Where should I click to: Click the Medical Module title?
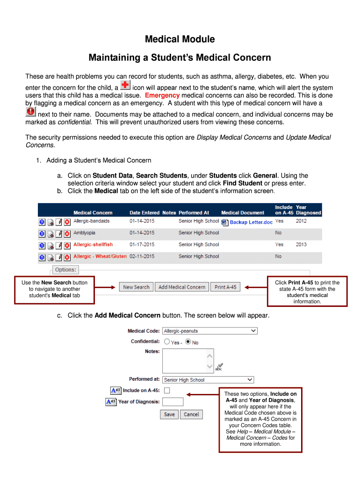click(180, 39)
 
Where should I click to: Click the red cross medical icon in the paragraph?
click(125, 85)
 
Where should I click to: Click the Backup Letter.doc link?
click(251, 222)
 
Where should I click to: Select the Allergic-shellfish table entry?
click(93, 244)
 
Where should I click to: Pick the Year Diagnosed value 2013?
click(301, 244)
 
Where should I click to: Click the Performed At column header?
click(194, 213)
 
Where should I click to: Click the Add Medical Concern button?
click(182, 287)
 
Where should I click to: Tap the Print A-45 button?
click(225, 287)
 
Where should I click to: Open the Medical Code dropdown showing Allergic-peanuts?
click(209, 331)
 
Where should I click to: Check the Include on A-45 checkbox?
click(167, 391)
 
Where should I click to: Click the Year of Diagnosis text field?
click(173, 402)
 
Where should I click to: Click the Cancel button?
click(191, 414)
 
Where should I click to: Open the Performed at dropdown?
click(208, 380)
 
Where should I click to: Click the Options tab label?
click(65, 270)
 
